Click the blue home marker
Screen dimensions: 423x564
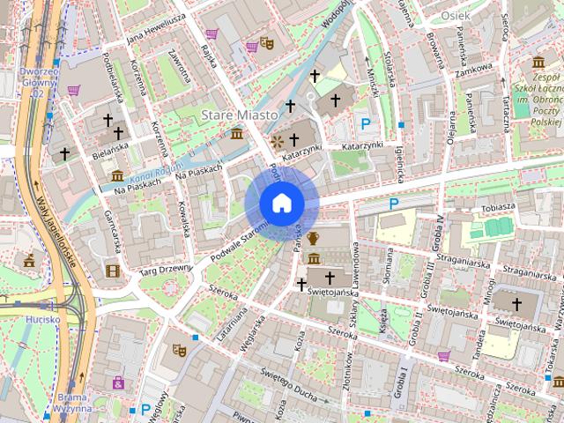click(x=281, y=203)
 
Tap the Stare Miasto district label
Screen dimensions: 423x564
click(x=240, y=115)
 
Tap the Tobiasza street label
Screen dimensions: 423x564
click(x=498, y=206)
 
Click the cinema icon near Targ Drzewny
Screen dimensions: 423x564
click(x=111, y=271)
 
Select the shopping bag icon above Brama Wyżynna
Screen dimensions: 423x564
click(x=116, y=382)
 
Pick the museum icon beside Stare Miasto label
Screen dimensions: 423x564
click(x=236, y=133)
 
